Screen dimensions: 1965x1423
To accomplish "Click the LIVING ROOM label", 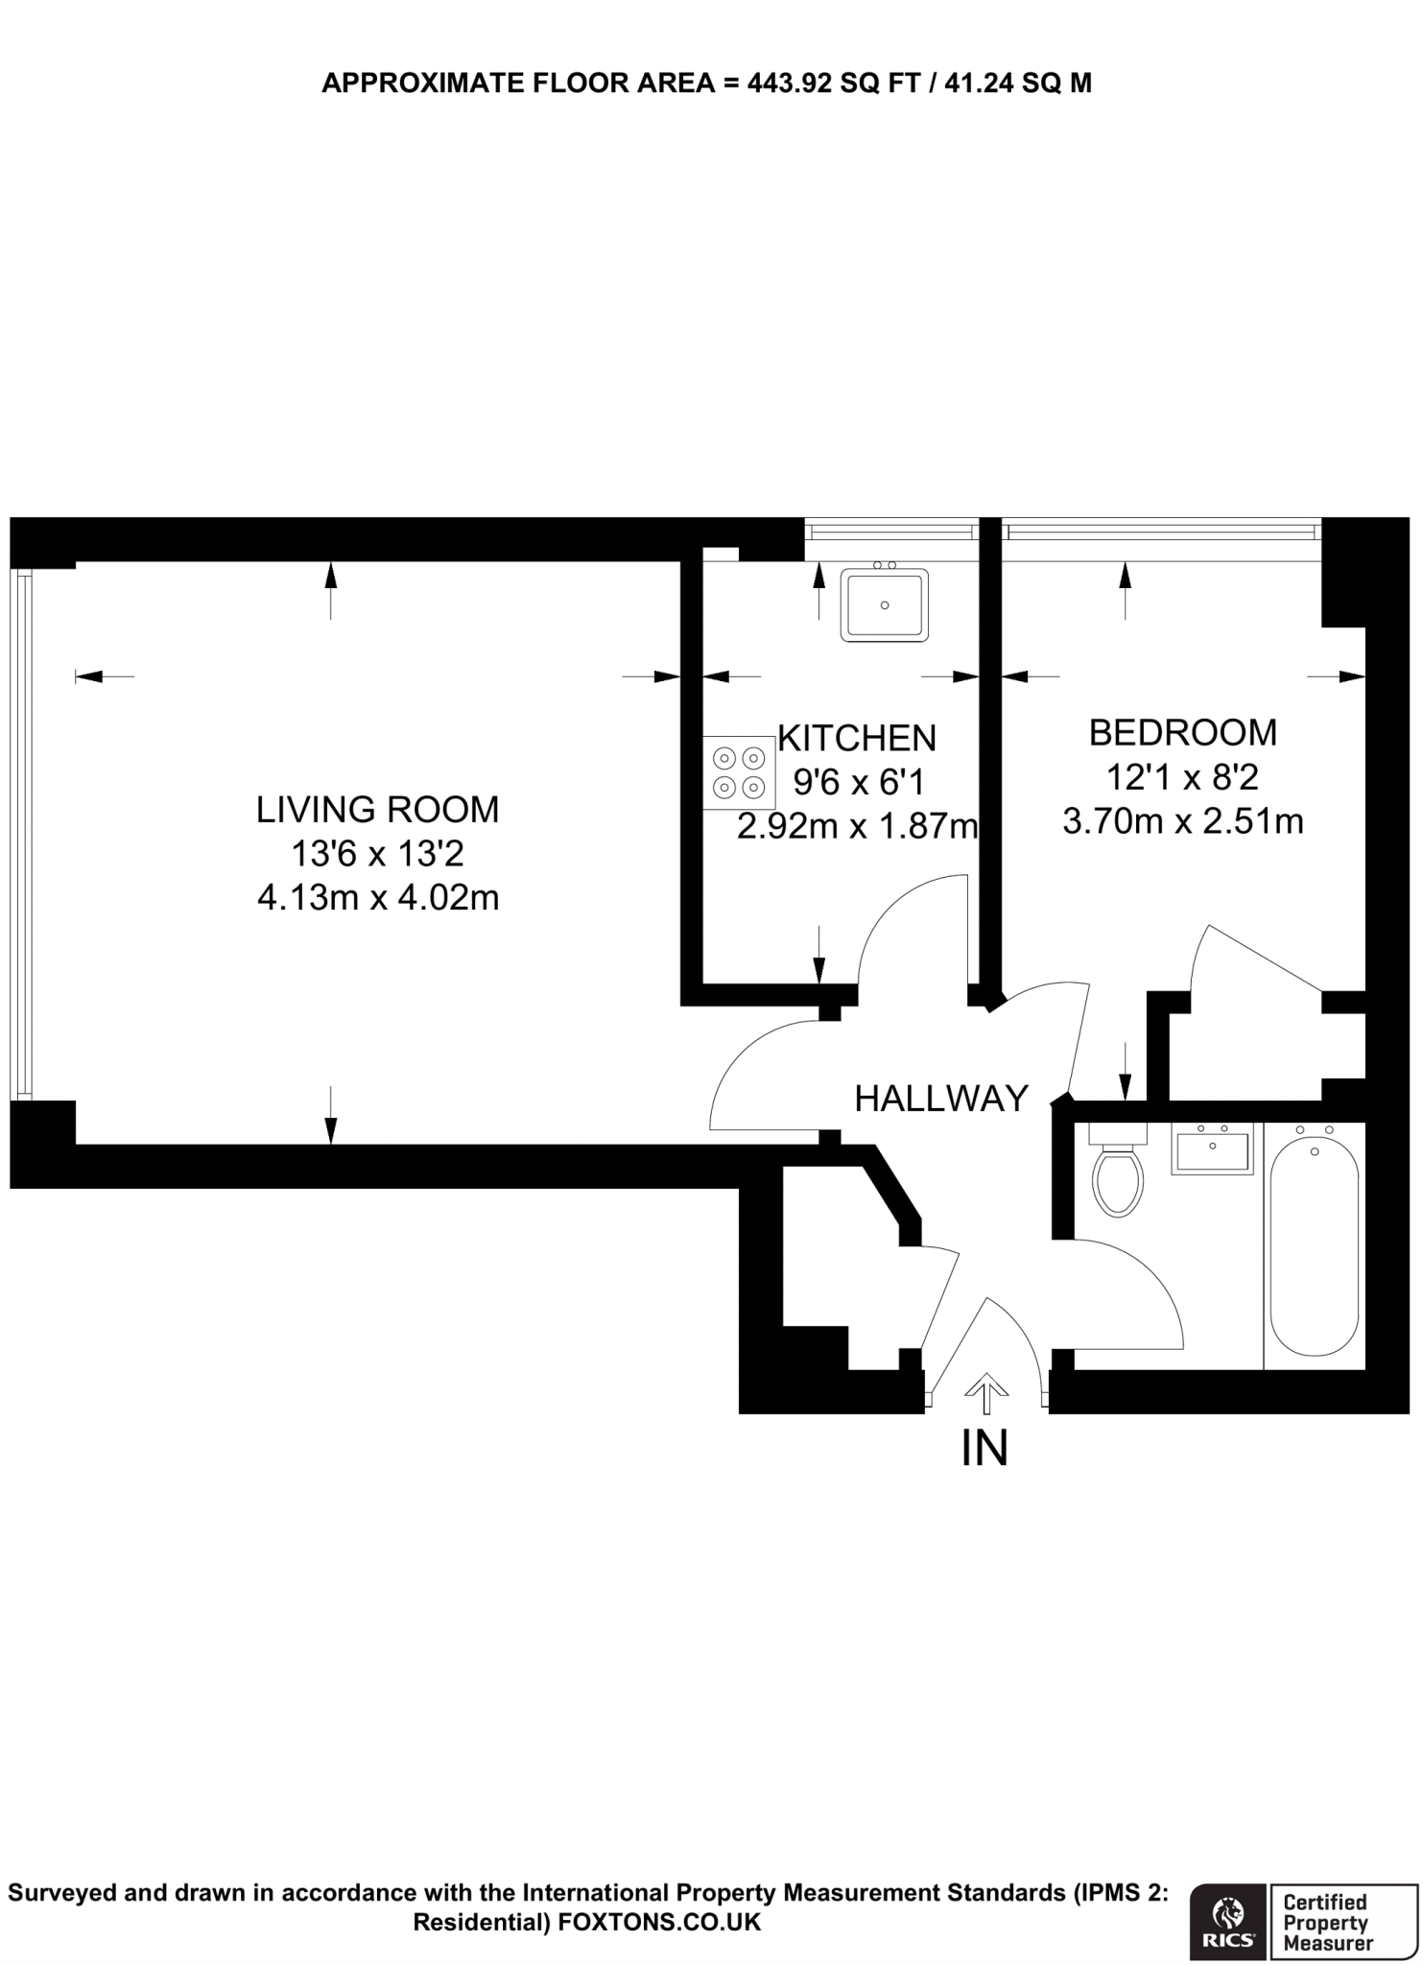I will pyautogui.click(x=377, y=810).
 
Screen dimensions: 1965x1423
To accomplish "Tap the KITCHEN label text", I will pyautogui.click(x=857, y=738).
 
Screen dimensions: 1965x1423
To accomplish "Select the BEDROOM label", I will pyautogui.click(x=1182, y=733).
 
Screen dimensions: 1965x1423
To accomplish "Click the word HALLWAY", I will pyautogui.click(x=941, y=1099).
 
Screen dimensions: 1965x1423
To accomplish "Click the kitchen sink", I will pyautogui.click(x=884, y=604).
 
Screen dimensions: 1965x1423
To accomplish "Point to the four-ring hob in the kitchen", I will pyautogui.click(x=739, y=772).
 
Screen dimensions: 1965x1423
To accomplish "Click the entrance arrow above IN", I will pyautogui.click(x=985, y=1394).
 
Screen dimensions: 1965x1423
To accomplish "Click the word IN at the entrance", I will pyautogui.click(x=984, y=1449).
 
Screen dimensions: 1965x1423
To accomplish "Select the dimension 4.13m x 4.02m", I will pyautogui.click(x=378, y=898).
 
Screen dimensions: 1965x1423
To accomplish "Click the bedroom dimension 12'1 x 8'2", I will pyautogui.click(x=1182, y=777).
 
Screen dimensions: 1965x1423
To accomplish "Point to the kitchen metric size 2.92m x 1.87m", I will pyautogui.click(x=857, y=826).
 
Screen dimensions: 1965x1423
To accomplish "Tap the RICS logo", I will pyautogui.click(x=1228, y=1919).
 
